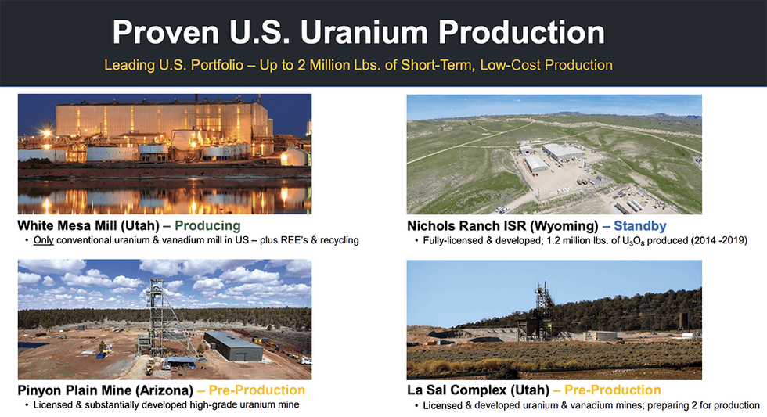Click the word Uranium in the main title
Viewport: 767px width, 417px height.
click(x=365, y=32)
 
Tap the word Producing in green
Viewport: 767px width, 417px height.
click(x=207, y=225)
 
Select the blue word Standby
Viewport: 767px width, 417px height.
click(x=640, y=226)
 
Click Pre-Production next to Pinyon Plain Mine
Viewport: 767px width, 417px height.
click(x=257, y=390)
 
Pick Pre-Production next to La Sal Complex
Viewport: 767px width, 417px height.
click(x=612, y=390)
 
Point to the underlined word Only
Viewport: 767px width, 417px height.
click(x=44, y=240)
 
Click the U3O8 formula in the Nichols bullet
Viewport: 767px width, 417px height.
click(x=633, y=241)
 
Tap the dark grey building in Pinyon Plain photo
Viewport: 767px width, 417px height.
click(x=234, y=345)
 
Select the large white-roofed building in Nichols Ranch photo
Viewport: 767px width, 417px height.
click(x=563, y=153)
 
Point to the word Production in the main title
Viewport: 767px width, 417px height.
click(x=521, y=32)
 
